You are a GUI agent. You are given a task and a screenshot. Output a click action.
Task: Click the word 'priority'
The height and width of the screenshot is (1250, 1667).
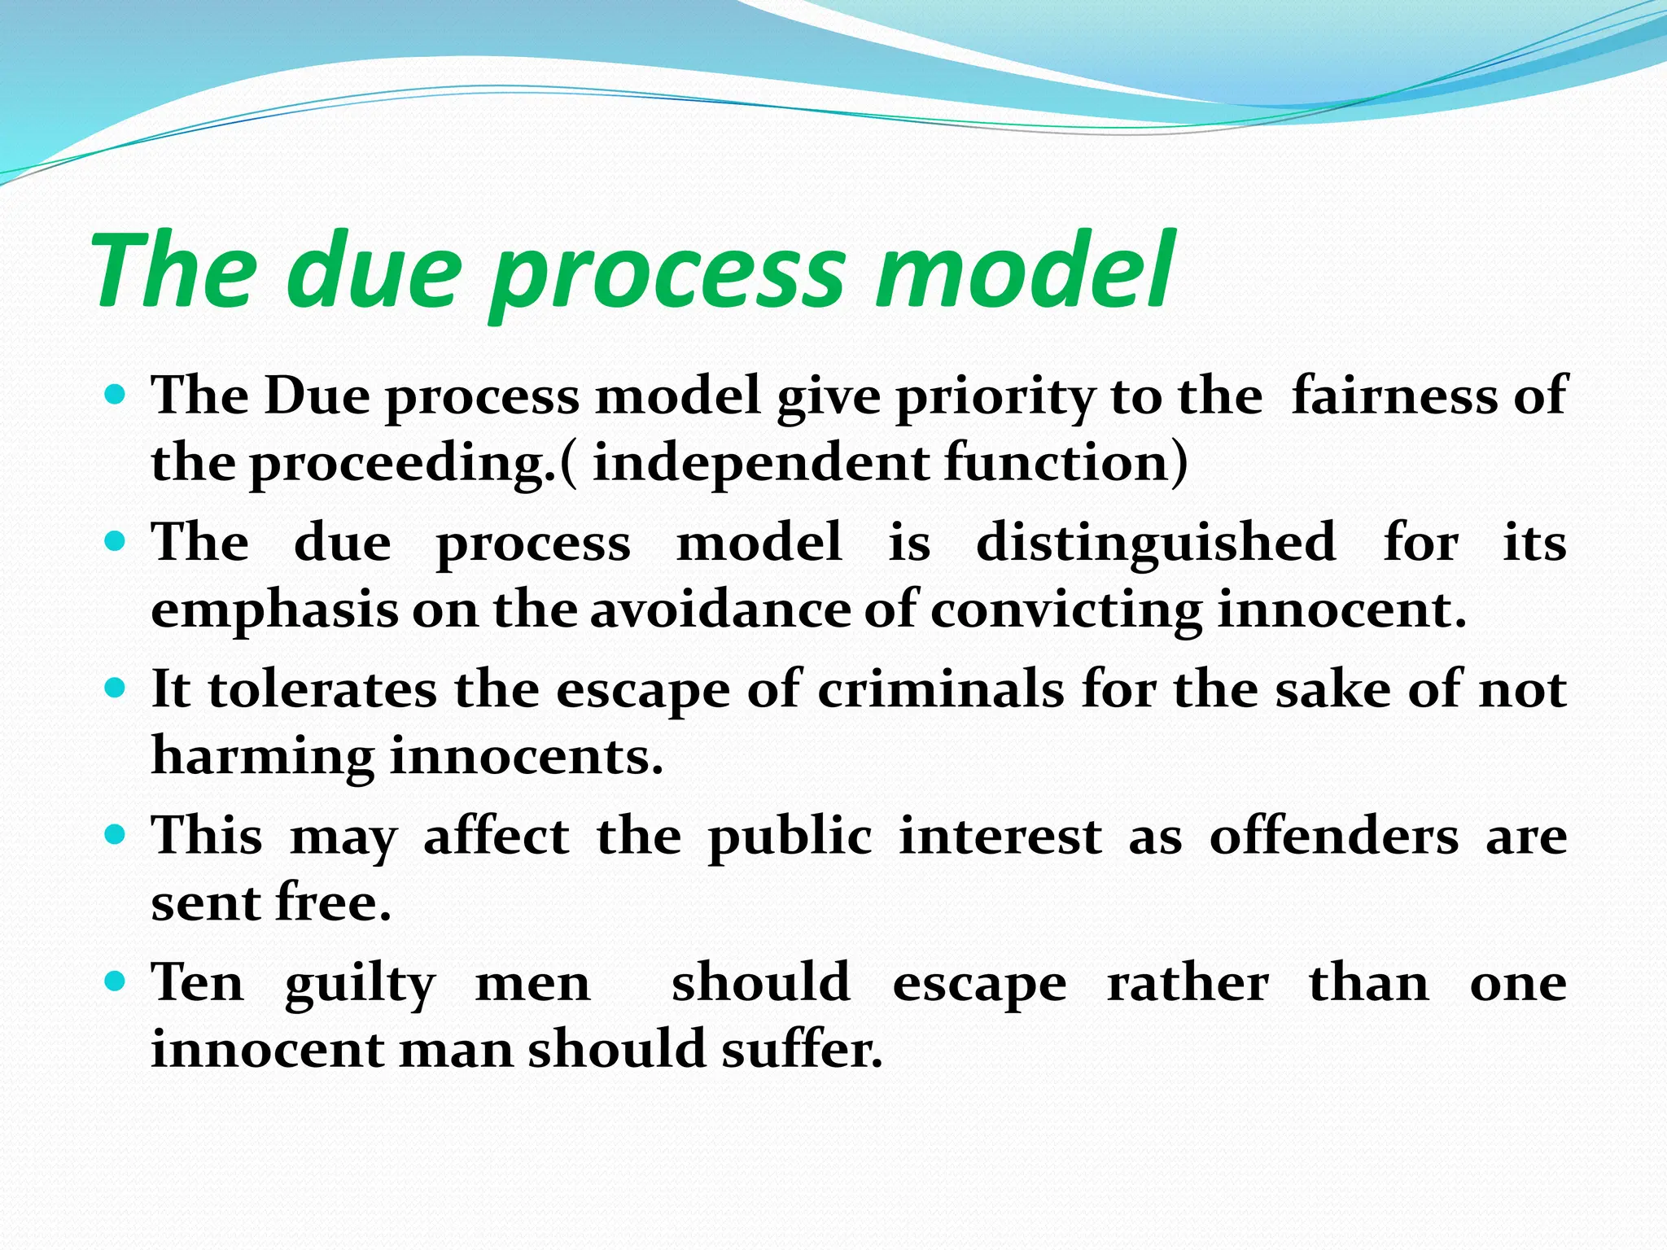point(995,399)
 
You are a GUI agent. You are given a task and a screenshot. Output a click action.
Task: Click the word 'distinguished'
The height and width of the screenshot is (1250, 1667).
point(1156,543)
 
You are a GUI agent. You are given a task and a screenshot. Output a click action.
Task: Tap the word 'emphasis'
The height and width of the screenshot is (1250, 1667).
point(274,611)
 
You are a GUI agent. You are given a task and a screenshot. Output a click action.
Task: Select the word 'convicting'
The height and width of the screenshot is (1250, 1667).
point(1066,611)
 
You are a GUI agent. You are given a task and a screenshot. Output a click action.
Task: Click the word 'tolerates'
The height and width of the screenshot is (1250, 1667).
point(322,690)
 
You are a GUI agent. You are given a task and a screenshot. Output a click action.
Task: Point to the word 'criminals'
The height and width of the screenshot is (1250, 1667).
point(941,690)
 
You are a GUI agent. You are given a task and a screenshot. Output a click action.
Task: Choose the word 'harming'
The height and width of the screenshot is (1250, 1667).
point(263,758)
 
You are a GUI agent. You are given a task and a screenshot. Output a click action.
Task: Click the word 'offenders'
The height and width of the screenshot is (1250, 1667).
point(1334,837)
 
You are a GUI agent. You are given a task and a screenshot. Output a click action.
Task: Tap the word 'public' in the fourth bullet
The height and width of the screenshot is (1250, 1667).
point(790,838)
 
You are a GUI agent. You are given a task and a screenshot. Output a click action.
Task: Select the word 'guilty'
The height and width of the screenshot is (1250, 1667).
point(360,986)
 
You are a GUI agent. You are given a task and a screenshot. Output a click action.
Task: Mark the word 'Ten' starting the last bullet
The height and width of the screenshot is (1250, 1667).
point(198,982)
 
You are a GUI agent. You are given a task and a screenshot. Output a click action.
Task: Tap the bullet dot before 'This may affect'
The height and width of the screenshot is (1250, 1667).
point(116,836)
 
